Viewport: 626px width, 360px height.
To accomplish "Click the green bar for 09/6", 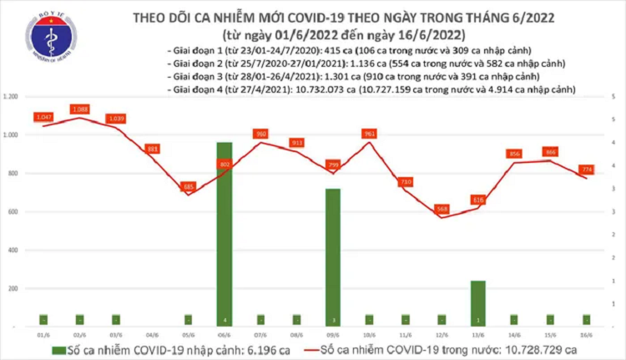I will pos(333,256).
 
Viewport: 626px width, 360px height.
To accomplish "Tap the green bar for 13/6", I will pos(479,302).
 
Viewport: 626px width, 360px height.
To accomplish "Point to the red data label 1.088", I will pos(81,109).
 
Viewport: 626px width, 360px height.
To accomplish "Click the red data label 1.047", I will pos(44,118).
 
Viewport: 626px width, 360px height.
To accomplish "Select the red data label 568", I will pos(442,209).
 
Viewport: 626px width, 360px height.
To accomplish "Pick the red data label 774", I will pos(588,170).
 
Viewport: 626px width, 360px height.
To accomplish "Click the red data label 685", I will pos(189,186).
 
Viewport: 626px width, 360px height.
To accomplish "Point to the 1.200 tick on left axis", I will pos(12,98).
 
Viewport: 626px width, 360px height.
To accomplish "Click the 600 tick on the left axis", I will pos(14,211).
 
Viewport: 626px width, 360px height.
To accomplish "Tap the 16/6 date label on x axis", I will pos(588,332).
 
